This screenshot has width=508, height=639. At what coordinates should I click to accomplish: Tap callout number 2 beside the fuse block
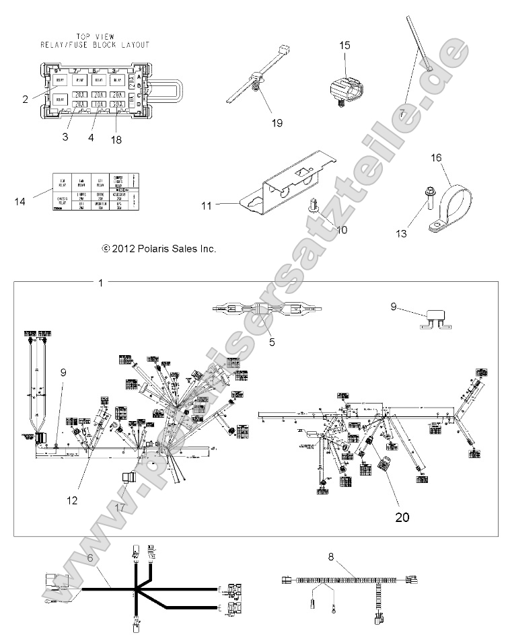(25, 100)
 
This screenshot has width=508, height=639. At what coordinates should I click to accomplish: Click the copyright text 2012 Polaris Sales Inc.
(159, 248)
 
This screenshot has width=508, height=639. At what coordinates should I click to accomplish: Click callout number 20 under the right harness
(402, 498)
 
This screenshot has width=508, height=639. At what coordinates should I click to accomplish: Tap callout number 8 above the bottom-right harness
(330, 556)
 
